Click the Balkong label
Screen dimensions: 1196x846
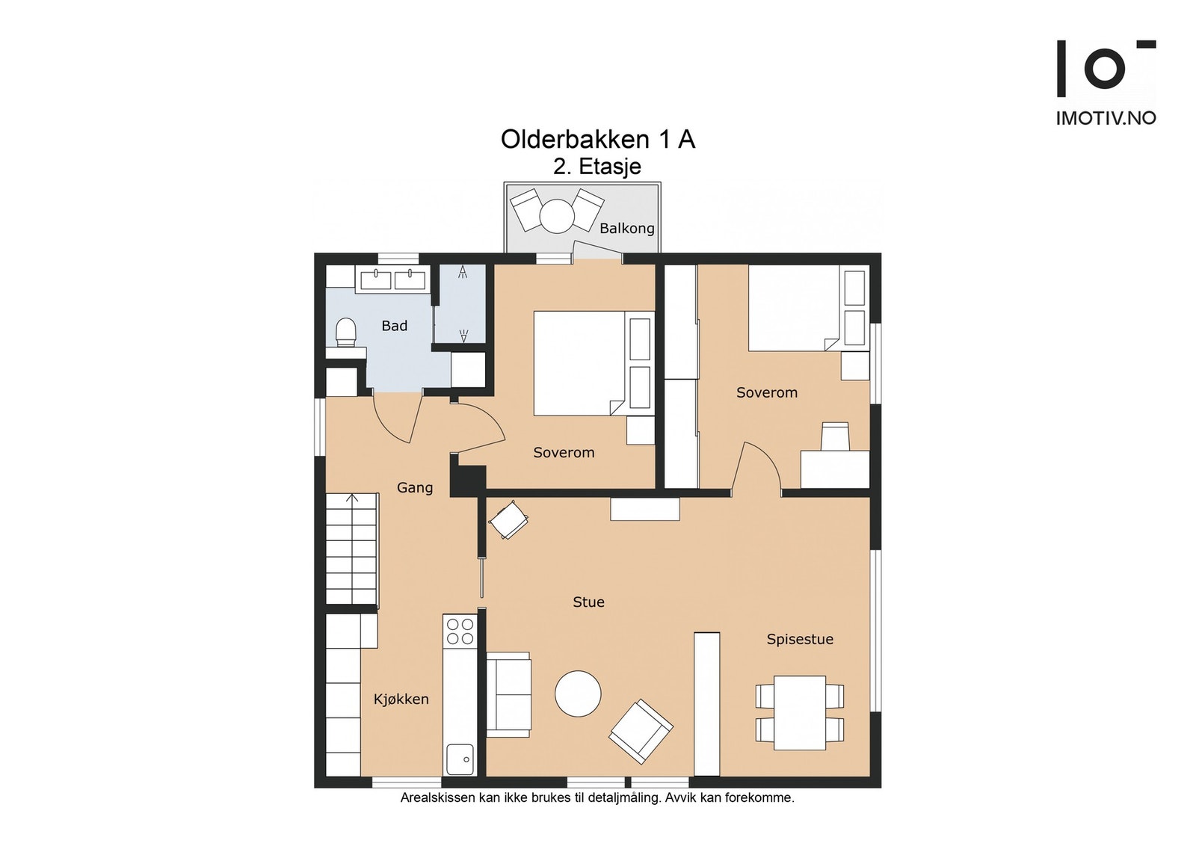pos(627,229)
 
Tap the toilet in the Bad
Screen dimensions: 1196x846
pos(346,332)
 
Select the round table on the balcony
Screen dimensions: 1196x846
pos(557,216)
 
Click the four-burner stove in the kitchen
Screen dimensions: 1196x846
pos(460,631)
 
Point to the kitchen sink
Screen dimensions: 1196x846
pos(460,759)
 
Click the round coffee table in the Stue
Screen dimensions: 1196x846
pos(578,694)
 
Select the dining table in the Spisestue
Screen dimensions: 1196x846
pos(800,713)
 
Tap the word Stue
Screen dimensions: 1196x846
pos(588,602)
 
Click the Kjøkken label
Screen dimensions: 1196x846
pos(401,700)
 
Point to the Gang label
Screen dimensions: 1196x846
pos(415,488)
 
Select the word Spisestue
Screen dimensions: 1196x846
pos(800,640)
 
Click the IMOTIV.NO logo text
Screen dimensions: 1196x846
pos(1106,119)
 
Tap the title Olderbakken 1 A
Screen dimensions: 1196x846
pos(598,140)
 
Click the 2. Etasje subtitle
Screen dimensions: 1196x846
pos(597,167)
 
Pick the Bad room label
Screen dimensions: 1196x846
pos(395,326)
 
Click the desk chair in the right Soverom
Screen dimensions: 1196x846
pos(834,436)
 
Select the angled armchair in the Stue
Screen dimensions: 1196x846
pos(641,731)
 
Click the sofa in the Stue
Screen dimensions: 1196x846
pos(508,694)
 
